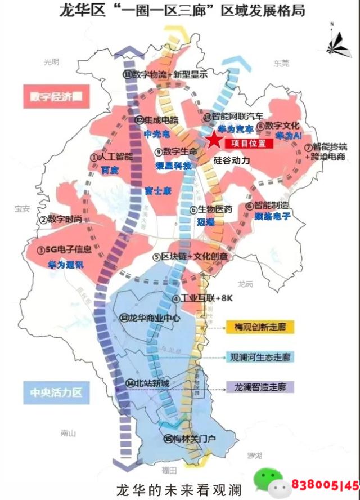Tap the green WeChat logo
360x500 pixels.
268,482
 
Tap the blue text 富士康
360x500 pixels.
157,191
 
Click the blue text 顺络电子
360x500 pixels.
272,216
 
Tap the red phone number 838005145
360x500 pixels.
325,484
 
